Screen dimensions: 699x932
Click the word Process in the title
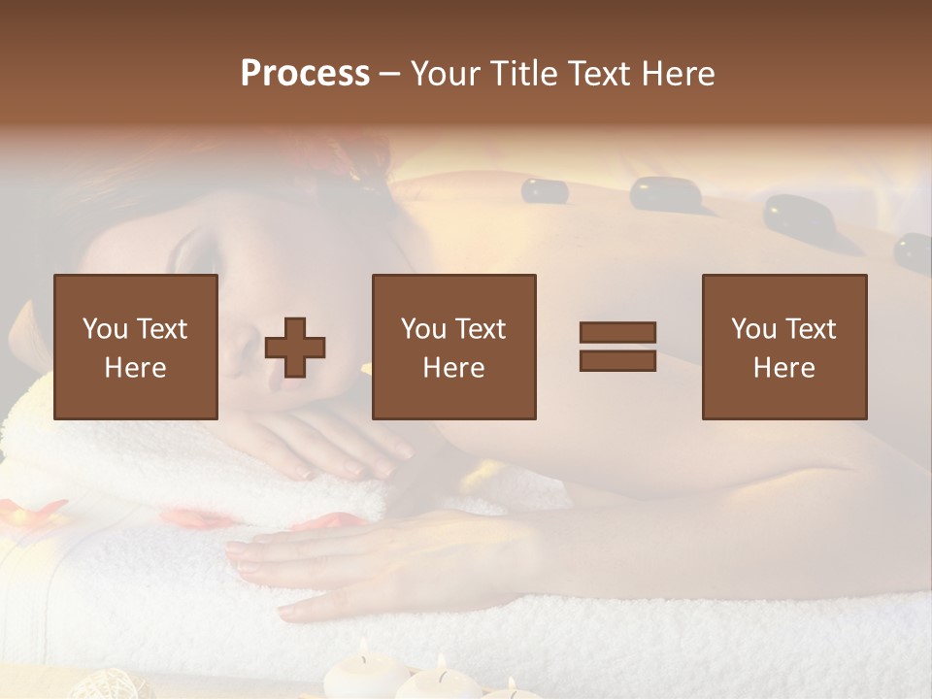coord(305,74)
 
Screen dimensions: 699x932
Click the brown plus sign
coord(295,348)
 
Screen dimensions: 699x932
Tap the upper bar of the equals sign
coord(617,332)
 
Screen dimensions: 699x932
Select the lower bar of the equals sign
coord(617,360)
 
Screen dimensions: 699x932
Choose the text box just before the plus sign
coord(136,347)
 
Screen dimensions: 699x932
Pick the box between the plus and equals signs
coord(454,347)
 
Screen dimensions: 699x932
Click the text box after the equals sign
coord(784,347)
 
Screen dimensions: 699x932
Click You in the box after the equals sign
coord(753,329)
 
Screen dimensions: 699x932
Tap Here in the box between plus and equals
coord(454,368)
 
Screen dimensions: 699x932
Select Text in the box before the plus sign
coord(163,329)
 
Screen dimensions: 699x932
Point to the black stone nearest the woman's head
coord(545,190)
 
